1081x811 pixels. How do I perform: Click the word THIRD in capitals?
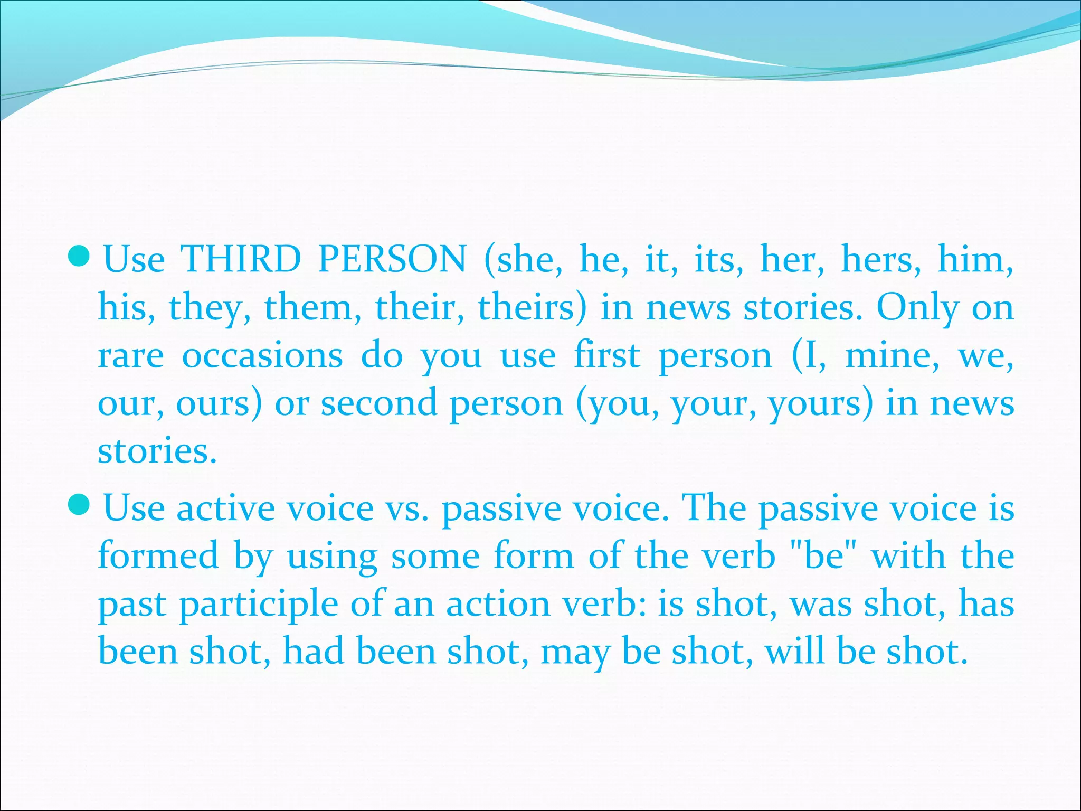(x=241, y=260)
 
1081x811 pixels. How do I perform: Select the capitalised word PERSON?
(x=393, y=260)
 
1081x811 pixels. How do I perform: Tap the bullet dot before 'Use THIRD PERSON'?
(x=80, y=256)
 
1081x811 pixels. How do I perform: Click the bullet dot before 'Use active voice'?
(x=80, y=505)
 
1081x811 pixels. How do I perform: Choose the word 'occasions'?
(x=262, y=356)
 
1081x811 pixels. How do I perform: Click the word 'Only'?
(x=917, y=308)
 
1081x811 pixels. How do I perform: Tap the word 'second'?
(x=379, y=403)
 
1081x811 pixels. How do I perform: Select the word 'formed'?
(x=158, y=556)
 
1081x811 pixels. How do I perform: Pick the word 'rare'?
(x=131, y=356)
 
